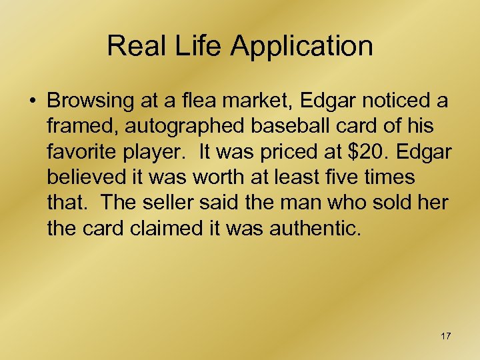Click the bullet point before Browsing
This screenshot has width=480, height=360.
(x=33, y=102)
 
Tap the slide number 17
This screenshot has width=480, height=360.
(x=445, y=336)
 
